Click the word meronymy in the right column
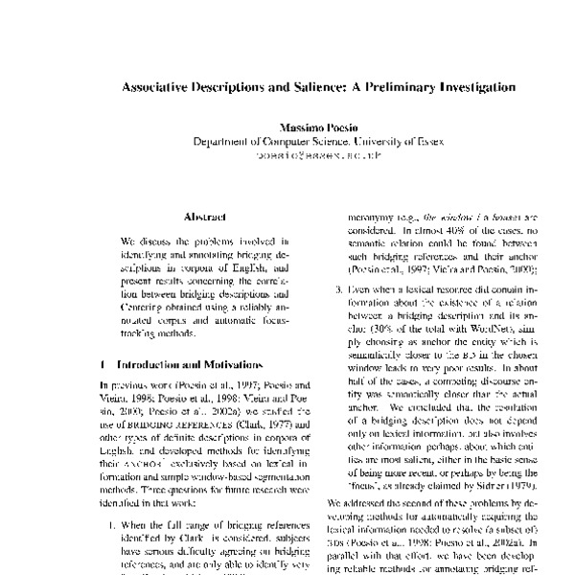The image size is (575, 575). [x=379, y=218]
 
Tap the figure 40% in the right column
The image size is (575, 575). [x=437, y=231]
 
